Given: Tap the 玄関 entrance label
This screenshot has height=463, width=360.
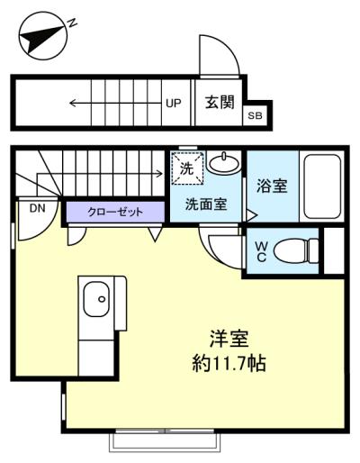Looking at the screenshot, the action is coord(220,103).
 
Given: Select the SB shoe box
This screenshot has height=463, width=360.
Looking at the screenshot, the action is coord(255,115).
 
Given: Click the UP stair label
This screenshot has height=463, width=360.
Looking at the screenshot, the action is coord(174,104).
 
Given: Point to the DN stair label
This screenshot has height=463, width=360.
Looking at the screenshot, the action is coord(37,208).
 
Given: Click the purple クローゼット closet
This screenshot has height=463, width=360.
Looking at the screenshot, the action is coord(115,212).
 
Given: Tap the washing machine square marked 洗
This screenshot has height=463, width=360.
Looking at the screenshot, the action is coord(187,168).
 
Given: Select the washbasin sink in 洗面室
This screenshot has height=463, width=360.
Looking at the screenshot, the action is coord(224,163).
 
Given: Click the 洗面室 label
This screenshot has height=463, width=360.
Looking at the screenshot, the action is coord(206,204).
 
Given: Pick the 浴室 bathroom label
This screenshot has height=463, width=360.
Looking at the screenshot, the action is coord(272,186).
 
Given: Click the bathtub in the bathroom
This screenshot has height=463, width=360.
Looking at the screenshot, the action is coord(322,186).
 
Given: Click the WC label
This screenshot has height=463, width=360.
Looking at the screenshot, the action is coord(261,251).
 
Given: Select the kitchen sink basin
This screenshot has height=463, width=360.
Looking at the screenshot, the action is coord(96,299).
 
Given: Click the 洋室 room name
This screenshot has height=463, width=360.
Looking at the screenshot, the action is coord(229,340).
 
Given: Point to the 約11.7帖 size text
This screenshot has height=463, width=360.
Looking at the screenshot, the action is coord(229,363).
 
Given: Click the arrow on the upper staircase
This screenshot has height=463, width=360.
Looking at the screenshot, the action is coord(115,104).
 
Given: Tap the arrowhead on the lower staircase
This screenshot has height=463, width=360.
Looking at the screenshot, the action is coord(159,173).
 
